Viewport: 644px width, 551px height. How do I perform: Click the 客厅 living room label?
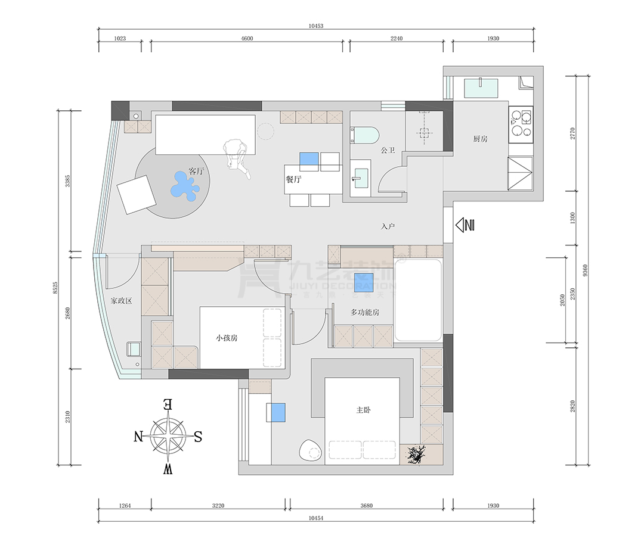coord(196,172)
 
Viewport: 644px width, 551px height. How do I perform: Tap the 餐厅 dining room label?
coord(293,180)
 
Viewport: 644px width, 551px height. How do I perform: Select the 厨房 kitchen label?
coord(480,139)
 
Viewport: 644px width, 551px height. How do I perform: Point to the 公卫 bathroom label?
coord(388,151)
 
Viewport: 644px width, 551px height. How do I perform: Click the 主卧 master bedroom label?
coord(363,410)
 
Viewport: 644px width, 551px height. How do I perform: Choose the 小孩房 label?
coord(227,338)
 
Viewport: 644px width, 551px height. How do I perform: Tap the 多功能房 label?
coord(365,312)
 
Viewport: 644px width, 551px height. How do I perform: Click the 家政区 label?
coord(121,301)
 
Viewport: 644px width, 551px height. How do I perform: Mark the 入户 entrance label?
coord(388,227)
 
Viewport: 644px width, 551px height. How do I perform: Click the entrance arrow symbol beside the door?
coord(465,225)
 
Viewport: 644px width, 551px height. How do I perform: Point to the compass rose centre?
coord(168,436)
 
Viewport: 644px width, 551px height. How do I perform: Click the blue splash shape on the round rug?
coord(185,185)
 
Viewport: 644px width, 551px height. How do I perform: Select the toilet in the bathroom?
coord(364,135)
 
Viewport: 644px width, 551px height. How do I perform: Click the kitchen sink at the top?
coord(481,89)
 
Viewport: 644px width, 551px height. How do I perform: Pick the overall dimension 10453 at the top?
coord(316,26)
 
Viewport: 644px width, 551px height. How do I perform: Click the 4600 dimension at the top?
coord(247,39)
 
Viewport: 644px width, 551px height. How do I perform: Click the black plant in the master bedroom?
coord(416,455)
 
